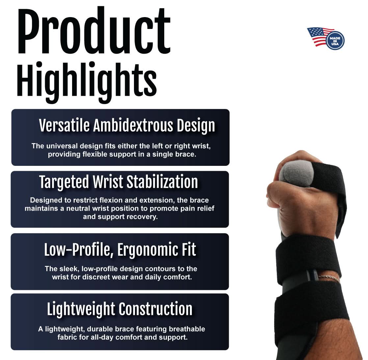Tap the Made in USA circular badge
(335, 40)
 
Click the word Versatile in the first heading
(64, 126)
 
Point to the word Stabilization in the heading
(162, 182)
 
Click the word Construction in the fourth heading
(156, 309)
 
